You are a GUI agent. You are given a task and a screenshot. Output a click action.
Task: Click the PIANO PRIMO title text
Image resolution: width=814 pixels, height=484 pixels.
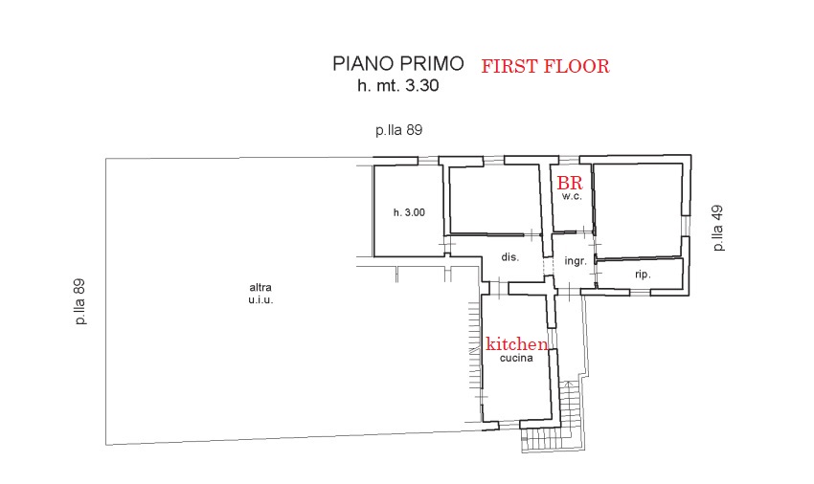coord(397,63)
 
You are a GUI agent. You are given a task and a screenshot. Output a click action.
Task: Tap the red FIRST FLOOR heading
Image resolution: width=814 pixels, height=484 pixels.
coord(545,66)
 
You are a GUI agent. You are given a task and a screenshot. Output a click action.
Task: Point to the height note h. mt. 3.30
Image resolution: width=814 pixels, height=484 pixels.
coord(397,85)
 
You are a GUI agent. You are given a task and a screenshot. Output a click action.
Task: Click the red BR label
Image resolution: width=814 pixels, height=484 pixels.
coord(570,183)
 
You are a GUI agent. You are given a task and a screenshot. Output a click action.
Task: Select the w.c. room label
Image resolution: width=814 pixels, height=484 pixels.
coord(572,197)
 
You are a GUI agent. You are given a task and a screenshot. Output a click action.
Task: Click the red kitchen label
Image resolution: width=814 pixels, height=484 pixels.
coord(516,343)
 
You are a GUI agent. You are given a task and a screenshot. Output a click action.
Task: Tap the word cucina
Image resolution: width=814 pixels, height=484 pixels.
coord(516,358)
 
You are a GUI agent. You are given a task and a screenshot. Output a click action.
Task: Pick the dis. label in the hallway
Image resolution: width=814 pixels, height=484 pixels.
coord(509,256)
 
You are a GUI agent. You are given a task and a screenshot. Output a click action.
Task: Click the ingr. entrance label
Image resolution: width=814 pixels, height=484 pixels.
coord(576,261)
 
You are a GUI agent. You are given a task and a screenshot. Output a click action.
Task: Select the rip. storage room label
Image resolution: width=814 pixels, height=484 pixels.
coord(643,275)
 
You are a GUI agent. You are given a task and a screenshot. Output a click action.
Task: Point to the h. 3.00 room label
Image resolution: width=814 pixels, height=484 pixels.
coord(409,212)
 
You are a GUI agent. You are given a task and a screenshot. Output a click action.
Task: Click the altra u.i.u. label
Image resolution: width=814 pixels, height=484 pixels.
coord(260,293)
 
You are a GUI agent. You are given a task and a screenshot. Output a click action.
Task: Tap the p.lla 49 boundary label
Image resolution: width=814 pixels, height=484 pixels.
coord(718,229)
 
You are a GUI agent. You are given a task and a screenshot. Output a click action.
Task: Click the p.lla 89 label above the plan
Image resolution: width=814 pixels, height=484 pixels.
coord(398,130)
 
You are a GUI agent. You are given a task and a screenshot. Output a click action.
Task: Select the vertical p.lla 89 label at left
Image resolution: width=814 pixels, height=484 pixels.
coord(79,302)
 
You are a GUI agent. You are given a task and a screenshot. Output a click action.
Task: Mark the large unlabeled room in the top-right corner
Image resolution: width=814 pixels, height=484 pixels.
coord(638,210)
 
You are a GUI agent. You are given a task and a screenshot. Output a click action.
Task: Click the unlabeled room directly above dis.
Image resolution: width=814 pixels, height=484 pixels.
coord(495,200)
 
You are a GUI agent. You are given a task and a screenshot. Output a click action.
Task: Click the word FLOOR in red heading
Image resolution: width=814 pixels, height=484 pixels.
coord(577,66)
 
